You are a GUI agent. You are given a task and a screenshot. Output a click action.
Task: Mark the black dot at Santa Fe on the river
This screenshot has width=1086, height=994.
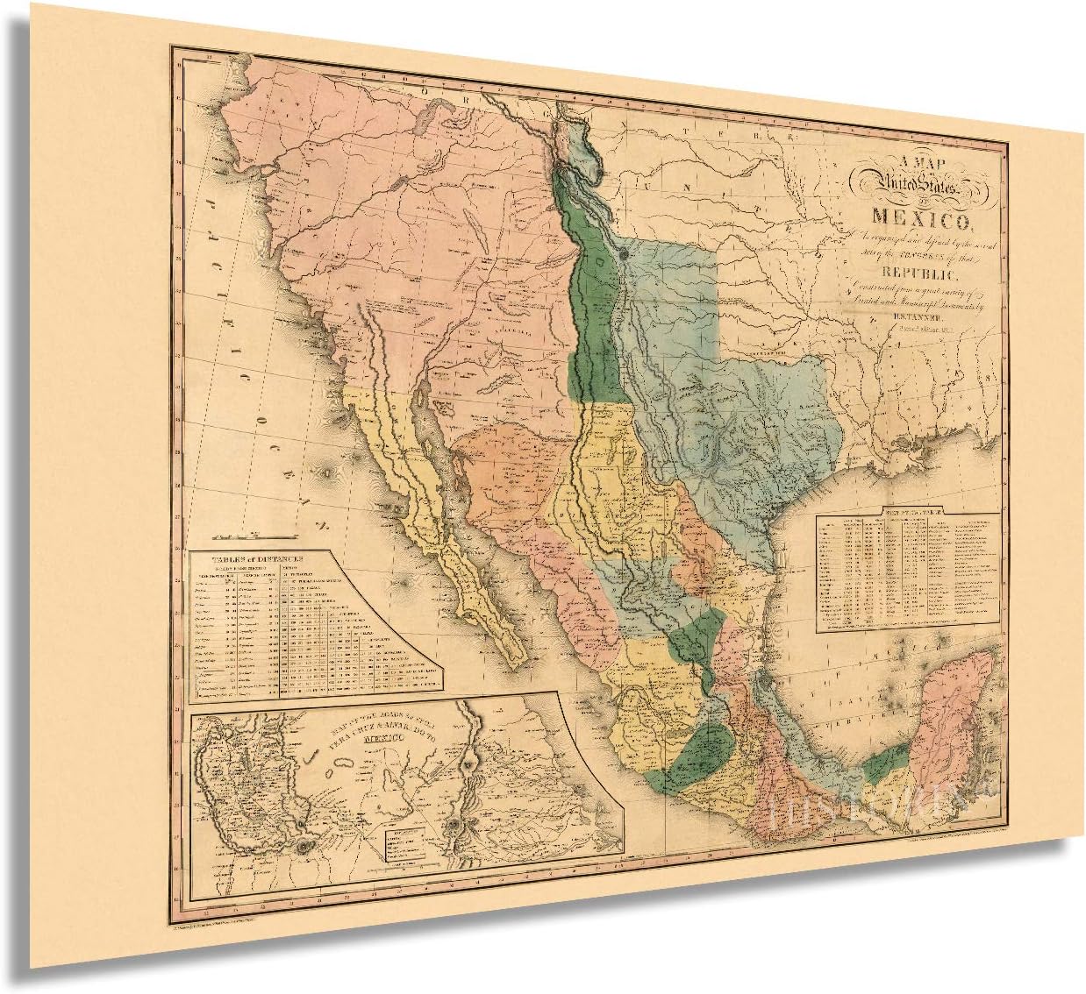pos(623,249)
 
